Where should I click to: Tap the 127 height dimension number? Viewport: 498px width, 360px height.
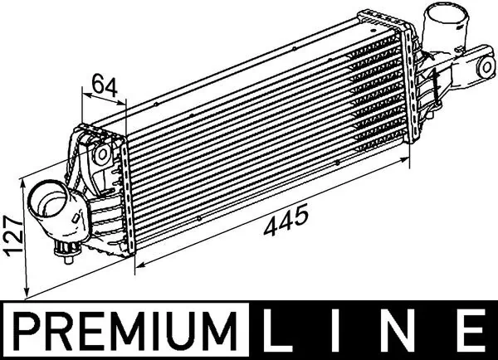click(12, 236)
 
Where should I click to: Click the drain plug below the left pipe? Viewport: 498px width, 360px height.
click(65, 251)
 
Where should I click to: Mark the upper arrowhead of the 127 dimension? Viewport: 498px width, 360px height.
click(26, 180)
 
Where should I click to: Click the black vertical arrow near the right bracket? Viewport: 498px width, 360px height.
click(433, 80)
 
